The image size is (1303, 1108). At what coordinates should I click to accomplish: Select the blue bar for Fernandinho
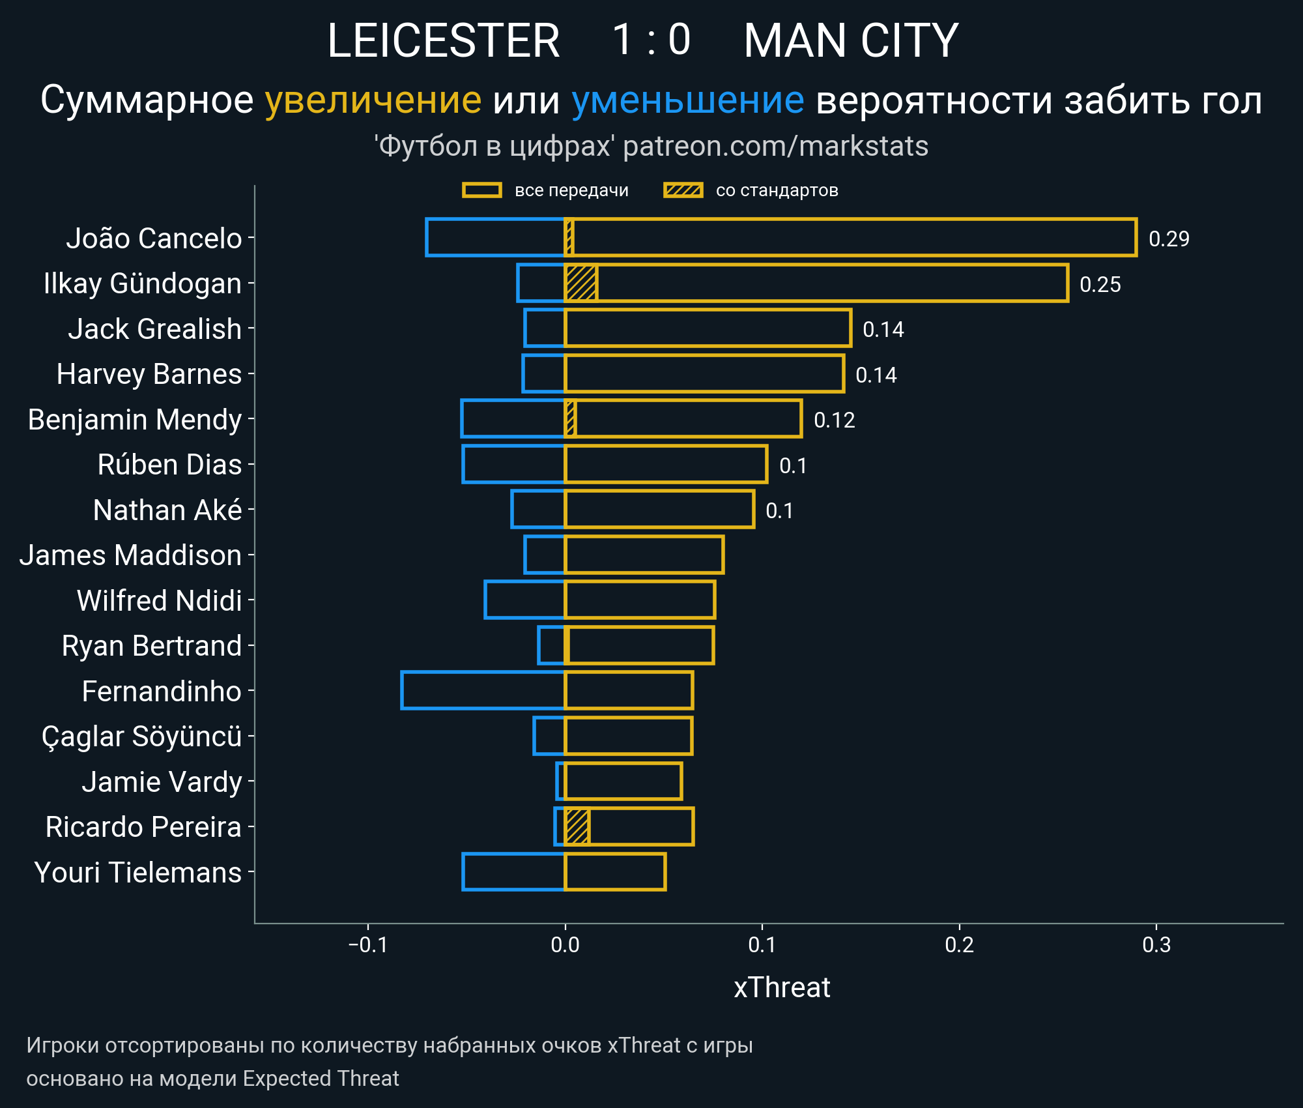click(483, 690)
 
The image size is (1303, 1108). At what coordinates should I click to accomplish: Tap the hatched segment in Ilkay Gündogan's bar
click(580, 283)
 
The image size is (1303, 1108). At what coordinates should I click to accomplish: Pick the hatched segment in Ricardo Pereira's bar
click(577, 826)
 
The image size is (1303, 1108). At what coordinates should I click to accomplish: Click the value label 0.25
click(1100, 284)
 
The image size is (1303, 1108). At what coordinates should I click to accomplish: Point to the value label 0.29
click(1169, 239)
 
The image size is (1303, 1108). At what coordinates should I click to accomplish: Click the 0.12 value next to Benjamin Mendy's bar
click(834, 420)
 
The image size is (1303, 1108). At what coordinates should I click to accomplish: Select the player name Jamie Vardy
click(162, 781)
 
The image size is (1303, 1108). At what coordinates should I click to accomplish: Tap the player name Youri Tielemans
click(138, 872)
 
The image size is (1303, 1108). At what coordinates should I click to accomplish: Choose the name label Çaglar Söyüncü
click(141, 736)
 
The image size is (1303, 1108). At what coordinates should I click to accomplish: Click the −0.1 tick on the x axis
click(368, 944)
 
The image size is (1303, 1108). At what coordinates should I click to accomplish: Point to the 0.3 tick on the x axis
click(1156, 944)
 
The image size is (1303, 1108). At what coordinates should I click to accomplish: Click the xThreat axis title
click(782, 987)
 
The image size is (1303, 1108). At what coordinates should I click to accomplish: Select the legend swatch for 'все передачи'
click(481, 190)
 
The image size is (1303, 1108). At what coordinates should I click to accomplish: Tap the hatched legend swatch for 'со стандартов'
click(683, 190)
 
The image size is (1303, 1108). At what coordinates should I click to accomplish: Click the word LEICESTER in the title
click(443, 40)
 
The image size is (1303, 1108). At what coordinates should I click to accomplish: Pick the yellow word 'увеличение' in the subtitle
click(373, 100)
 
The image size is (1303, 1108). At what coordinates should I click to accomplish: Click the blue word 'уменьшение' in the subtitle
click(687, 100)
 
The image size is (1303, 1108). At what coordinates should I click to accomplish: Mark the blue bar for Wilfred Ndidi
click(524, 600)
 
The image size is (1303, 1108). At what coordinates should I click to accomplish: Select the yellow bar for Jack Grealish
click(708, 328)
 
